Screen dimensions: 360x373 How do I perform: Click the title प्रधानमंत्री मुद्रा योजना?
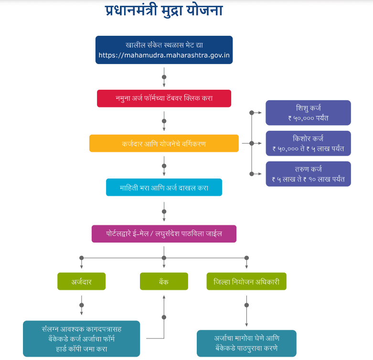[164, 11]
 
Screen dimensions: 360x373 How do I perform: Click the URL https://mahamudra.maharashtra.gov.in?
[164, 55]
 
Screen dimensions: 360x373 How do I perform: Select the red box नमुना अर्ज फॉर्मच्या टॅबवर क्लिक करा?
[164, 98]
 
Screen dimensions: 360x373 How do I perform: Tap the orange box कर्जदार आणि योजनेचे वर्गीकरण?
[164, 143]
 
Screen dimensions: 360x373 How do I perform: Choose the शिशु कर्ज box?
[308, 113]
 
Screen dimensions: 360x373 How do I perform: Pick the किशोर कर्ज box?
[308, 143]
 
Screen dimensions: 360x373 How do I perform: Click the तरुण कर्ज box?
[308, 174]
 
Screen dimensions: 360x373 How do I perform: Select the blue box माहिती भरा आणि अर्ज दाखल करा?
[164, 188]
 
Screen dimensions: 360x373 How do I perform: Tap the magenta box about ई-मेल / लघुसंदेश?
[164, 234]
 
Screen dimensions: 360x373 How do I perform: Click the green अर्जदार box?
[81, 282]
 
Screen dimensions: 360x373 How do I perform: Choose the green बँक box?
[164, 282]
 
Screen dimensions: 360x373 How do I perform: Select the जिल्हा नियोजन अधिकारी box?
[246, 282]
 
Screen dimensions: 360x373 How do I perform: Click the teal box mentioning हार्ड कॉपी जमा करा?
[81, 339]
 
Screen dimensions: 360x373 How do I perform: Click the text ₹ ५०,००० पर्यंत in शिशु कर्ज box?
[308, 117]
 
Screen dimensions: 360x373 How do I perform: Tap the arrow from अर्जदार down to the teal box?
[81, 306]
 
